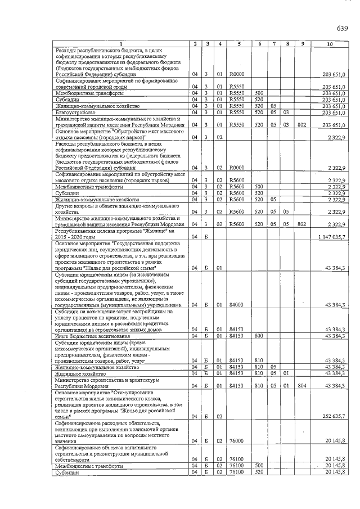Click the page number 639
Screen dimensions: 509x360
(x=343, y=28)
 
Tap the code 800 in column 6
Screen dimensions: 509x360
(x=259, y=336)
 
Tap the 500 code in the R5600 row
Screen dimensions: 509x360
(x=259, y=186)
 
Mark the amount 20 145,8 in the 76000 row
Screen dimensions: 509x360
(x=335, y=441)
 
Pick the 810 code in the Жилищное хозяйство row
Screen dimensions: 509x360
(x=259, y=373)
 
